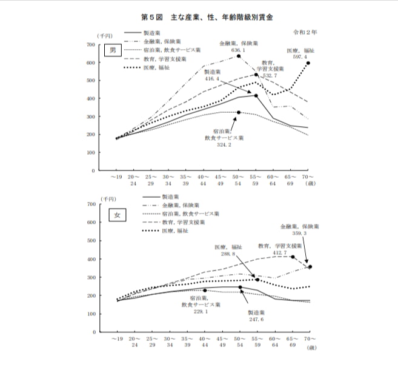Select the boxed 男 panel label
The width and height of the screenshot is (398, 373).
point(110,51)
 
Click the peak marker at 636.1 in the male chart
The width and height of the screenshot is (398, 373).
point(239,56)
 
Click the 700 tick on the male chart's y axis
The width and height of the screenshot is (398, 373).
point(90,45)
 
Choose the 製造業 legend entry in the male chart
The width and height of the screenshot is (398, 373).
point(153,33)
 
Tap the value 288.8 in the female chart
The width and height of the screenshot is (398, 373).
point(228,255)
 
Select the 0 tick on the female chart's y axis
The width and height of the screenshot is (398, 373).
point(93,332)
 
